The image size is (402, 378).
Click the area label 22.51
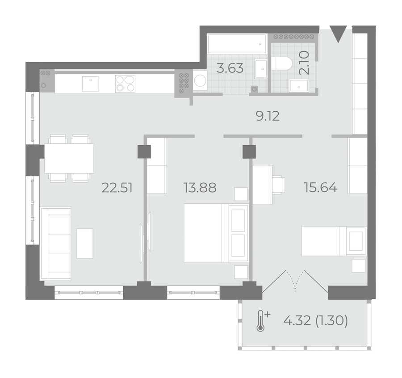pos(117,188)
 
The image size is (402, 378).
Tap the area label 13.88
pos(200,188)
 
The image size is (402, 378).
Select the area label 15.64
pos(320,188)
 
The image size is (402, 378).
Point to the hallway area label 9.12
pos(268,117)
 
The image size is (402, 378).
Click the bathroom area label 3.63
pos(230,68)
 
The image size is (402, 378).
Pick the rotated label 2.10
pos(304,63)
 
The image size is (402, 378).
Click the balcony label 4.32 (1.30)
pos(316,320)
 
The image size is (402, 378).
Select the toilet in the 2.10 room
pos(282,63)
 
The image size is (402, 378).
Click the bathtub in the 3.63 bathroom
pos(237,44)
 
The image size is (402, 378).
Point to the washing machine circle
pos(200,81)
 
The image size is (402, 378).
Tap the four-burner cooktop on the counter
pos(126,84)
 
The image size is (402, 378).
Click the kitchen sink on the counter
pos(91,84)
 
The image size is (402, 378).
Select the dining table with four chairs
pos(69,159)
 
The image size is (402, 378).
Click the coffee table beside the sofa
pos(84,244)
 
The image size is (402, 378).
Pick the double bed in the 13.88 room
pos(216,233)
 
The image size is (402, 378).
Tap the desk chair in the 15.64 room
pos(279,184)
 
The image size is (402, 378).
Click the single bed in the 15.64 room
pos(334,241)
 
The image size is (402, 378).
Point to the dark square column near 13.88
pos(144,151)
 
